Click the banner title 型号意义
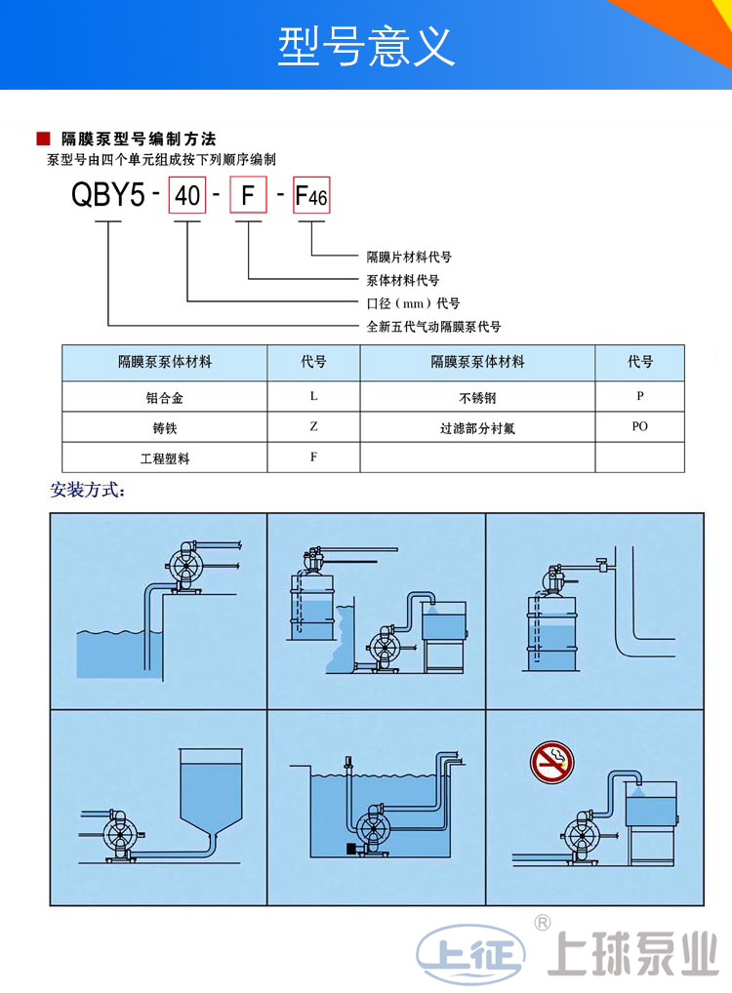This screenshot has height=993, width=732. point(366,46)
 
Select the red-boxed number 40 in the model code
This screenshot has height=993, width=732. point(186,197)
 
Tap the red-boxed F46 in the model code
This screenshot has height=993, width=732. point(312,198)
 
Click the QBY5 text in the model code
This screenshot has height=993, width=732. point(107,196)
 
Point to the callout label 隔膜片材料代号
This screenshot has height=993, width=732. point(409,258)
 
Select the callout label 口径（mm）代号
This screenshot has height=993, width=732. point(413,303)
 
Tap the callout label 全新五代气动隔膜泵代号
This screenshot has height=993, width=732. point(433,327)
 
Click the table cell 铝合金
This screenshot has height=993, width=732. point(164,397)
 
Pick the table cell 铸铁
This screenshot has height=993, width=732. point(164,428)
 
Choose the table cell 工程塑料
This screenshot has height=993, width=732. point(164,457)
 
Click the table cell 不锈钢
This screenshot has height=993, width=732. point(478,397)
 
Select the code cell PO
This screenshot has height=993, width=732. point(639,426)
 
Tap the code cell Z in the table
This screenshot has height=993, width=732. point(313,427)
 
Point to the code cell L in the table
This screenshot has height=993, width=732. point(313,396)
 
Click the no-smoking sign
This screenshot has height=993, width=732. point(550,761)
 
